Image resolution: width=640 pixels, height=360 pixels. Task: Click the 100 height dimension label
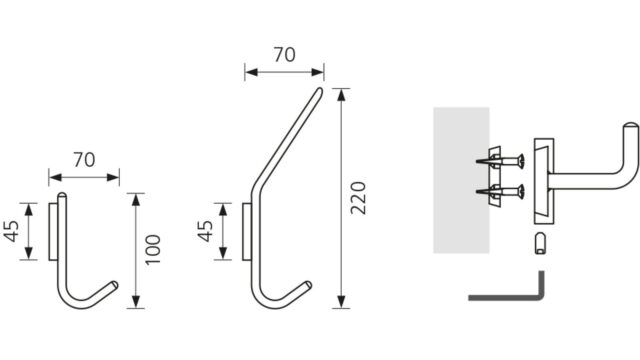153,250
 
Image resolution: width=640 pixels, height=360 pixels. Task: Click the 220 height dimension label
358,198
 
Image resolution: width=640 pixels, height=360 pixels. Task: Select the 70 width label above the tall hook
284,55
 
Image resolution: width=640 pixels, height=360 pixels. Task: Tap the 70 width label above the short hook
84,160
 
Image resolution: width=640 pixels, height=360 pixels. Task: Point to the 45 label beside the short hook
11,231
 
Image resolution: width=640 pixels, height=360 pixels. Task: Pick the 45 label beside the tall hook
205,231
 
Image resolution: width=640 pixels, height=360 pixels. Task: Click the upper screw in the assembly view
501,161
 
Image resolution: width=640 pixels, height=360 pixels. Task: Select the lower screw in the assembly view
501,192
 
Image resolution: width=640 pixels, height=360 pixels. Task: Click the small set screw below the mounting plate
540,244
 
